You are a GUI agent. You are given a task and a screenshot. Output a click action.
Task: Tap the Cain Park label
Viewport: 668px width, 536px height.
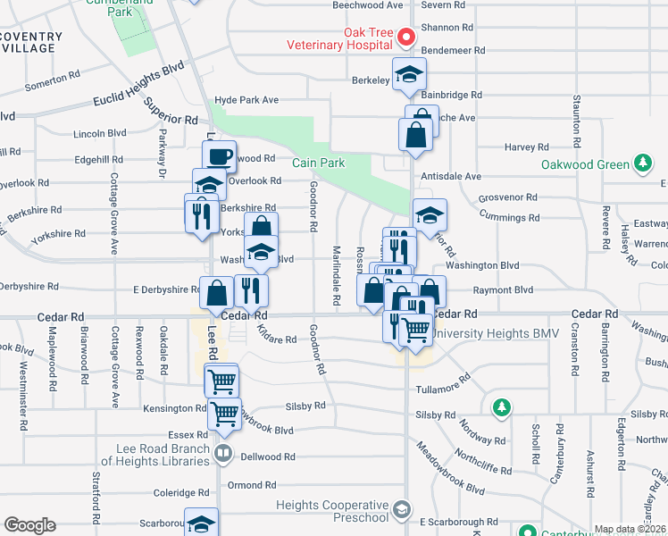(319, 163)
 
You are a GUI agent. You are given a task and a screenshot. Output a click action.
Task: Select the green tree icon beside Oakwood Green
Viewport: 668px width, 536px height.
(641, 163)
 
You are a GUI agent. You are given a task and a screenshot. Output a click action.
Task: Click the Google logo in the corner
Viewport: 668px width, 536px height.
(29, 525)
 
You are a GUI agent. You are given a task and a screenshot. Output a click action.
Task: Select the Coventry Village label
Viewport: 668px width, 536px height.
(31, 44)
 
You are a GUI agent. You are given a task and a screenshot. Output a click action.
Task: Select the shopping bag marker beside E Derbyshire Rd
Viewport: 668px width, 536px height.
(217, 291)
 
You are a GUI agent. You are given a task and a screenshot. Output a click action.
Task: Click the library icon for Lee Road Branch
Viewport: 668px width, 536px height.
(223, 456)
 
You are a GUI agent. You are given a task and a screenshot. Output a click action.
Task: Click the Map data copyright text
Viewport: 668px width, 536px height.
(630, 529)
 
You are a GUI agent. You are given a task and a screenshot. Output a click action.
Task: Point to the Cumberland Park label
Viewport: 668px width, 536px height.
(130, 9)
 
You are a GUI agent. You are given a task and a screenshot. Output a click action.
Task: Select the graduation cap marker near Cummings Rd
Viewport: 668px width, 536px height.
(430, 215)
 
